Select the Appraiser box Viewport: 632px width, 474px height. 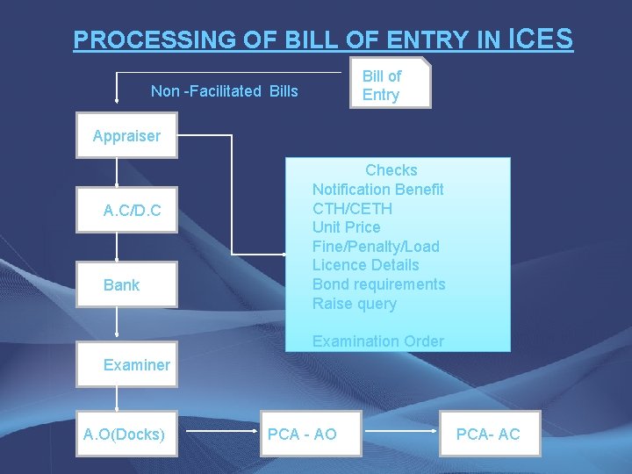coord(126,136)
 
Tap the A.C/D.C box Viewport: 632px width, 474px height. coord(126,211)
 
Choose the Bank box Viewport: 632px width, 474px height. coord(126,284)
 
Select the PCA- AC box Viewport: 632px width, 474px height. coord(488,434)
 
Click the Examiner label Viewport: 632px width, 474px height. coord(137,365)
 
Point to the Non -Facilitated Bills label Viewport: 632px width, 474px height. coord(225,91)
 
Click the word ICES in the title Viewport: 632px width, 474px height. coord(541,38)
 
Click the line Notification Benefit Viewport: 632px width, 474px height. coord(378,190)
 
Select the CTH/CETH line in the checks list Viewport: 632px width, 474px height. coord(353,209)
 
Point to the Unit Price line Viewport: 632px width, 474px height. coord(347,227)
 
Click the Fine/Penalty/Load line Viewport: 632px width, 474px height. coord(376,247)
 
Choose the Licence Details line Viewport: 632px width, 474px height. coord(366,265)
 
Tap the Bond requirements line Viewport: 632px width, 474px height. coord(379,284)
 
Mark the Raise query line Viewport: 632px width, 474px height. coord(355,304)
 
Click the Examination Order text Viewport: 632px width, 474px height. coord(378,341)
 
